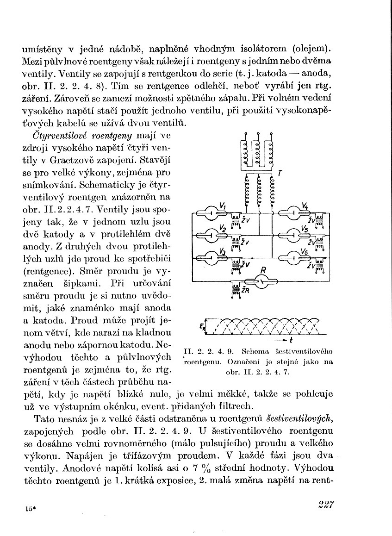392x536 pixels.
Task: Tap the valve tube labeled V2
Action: (x=212, y=234)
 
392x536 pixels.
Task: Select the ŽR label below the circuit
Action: (x=245, y=291)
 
